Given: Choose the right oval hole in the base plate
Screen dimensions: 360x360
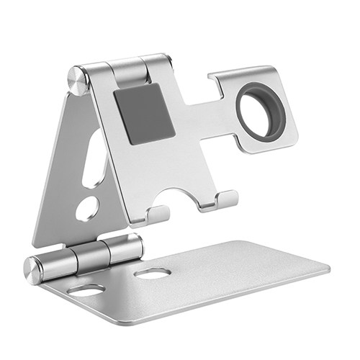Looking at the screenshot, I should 152,274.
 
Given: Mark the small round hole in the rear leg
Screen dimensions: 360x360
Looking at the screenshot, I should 87,207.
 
